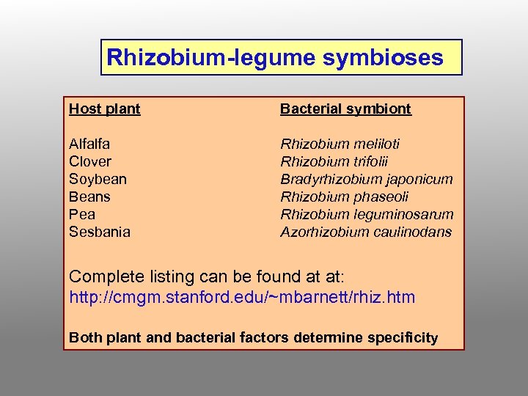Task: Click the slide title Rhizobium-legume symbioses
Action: [x=275, y=57]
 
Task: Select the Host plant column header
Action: [x=104, y=109]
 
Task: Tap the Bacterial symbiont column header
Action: [x=345, y=109]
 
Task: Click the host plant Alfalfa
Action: [x=89, y=144]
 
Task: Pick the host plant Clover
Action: [x=90, y=161]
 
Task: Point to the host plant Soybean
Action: [x=98, y=179]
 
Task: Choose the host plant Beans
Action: [x=89, y=197]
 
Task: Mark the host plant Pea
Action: [x=82, y=214]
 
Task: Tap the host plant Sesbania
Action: [x=100, y=232]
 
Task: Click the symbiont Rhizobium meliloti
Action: [x=340, y=144]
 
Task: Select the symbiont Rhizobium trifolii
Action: [x=334, y=161]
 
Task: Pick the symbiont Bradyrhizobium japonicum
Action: [x=366, y=179]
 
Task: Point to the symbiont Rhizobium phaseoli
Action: [x=344, y=197]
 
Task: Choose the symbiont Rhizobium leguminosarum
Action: [x=367, y=214]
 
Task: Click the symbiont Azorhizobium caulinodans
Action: [x=366, y=232]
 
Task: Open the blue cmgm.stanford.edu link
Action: [x=242, y=297]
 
